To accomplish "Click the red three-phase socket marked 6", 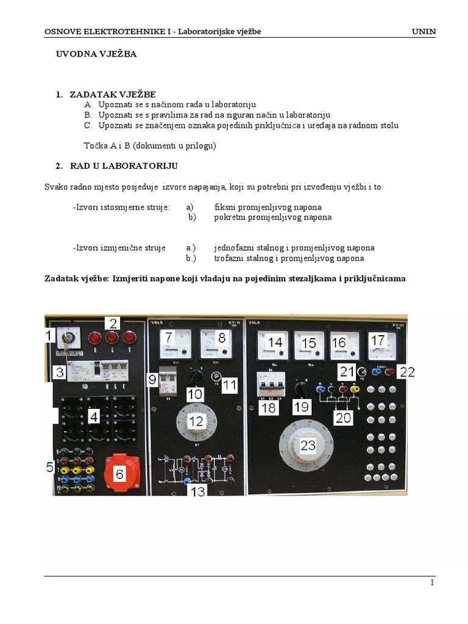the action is coord(122,473).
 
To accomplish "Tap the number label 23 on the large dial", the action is coord(308,445).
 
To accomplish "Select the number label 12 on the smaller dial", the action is coord(196,420).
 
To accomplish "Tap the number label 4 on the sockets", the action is coord(93,417).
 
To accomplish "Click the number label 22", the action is coord(407,372).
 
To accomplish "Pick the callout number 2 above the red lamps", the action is coord(113,324).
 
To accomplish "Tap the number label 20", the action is coord(344,417).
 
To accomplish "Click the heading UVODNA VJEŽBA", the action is coord(96,54).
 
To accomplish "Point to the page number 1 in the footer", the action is coord(432,583).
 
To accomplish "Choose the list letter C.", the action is coord(88,126).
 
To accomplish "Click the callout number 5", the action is coord(51,467).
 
